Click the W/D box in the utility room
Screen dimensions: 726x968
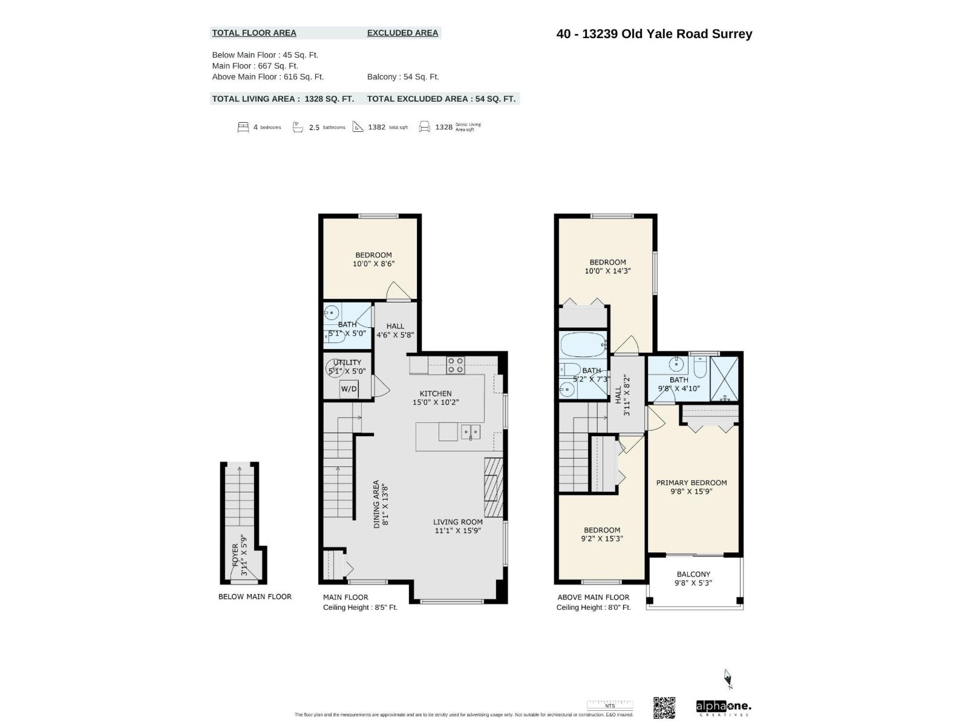[348, 389]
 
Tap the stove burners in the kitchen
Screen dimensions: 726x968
[456, 365]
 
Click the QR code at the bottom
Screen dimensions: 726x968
[664, 707]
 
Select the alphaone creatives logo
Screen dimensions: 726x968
[724, 707]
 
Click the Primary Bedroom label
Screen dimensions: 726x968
[692, 487]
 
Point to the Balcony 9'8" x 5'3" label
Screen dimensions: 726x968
[693, 578]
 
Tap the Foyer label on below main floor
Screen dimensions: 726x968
[240, 555]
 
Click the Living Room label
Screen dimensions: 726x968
[458, 526]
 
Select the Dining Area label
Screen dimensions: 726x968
[380, 504]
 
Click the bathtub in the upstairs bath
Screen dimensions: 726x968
[583, 345]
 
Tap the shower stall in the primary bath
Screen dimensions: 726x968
[724, 379]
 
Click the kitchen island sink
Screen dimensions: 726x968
[470, 432]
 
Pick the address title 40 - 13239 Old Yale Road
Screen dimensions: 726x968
[654, 34]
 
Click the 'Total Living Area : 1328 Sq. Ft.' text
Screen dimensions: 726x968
[283, 99]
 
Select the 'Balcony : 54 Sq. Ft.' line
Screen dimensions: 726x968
[403, 77]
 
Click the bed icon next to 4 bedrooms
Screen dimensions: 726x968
[243, 127]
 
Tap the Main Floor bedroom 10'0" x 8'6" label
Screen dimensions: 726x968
[373, 260]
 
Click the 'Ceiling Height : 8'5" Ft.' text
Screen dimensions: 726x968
[360, 607]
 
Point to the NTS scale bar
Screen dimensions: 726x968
[609, 705]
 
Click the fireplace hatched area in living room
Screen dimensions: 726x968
[493, 487]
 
